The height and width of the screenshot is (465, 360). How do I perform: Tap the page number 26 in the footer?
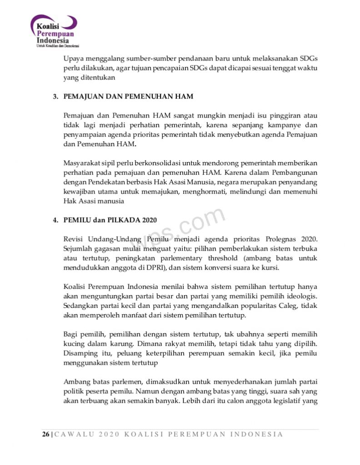click(x=45, y=434)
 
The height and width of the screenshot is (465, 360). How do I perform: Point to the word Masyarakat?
click(x=81, y=163)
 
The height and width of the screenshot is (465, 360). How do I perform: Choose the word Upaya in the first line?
click(x=73, y=59)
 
